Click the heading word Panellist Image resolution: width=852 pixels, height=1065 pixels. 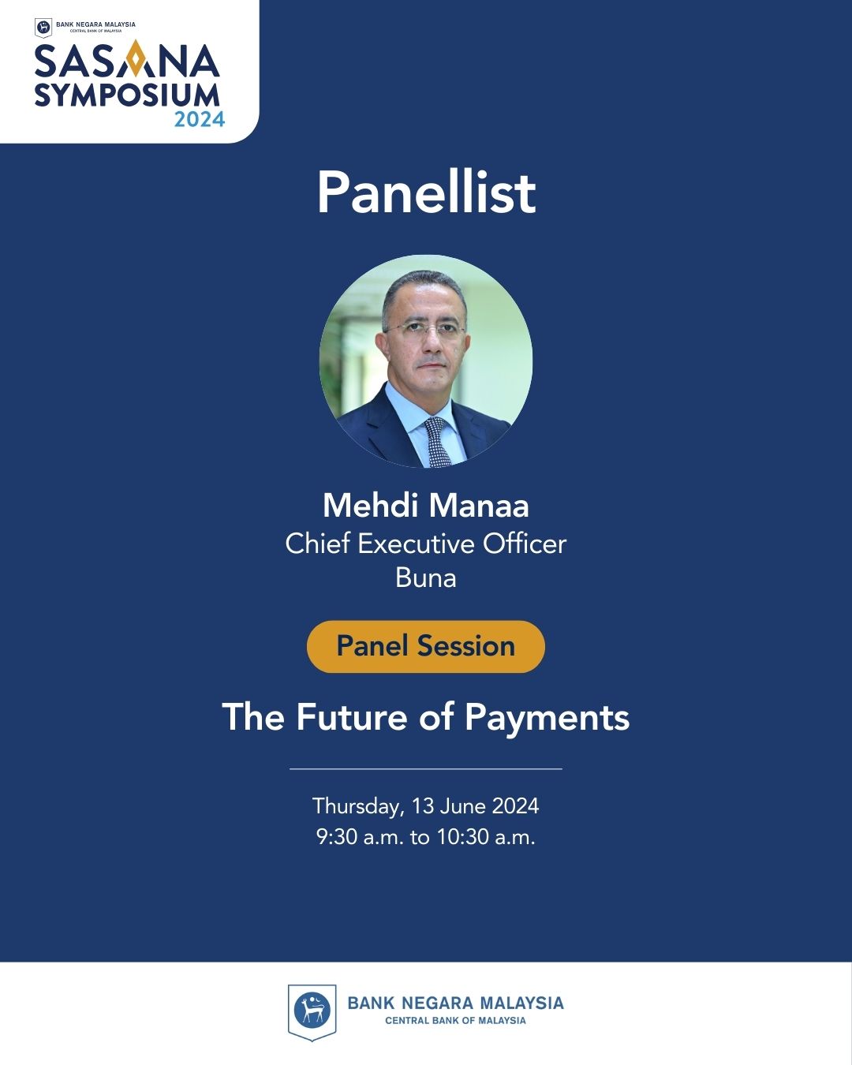pyautogui.click(x=426, y=192)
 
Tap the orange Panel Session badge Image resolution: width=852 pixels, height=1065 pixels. pyautogui.click(x=426, y=646)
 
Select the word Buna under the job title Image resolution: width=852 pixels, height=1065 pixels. pyautogui.click(x=426, y=577)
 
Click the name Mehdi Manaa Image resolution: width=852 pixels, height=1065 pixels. pyautogui.click(x=426, y=506)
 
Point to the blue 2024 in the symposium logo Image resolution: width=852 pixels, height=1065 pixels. pyautogui.click(x=200, y=119)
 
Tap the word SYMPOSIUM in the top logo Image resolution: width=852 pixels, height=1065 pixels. pyautogui.click(x=127, y=95)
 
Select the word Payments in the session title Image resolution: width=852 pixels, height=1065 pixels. pyautogui.click(x=547, y=718)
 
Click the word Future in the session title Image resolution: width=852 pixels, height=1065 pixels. pyautogui.click(x=352, y=716)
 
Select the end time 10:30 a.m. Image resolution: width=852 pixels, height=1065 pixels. pyautogui.click(x=486, y=838)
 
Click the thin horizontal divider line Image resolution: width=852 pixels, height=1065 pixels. pyautogui.click(x=426, y=769)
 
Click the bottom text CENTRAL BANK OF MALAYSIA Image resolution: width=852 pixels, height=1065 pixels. pyautogui.click(x=455, y=1021)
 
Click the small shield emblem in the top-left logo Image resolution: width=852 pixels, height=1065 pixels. pyautogui.click(x=43, y=28)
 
